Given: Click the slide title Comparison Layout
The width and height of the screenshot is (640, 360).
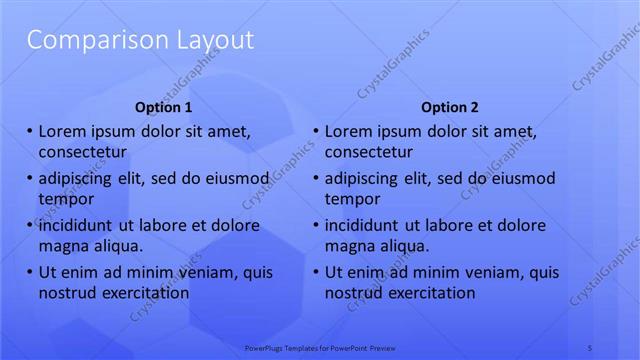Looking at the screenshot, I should [x=140, y=41].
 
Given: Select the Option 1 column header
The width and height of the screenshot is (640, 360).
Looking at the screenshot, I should [x=163, y=107].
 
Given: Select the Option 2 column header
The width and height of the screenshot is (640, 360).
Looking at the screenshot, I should [x=450, y=107].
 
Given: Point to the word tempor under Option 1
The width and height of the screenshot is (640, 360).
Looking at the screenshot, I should [x=65, y=199].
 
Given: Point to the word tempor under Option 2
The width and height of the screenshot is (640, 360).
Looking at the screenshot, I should [x=351, y=199].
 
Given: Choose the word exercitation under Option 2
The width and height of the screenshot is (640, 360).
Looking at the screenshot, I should [x=429, y=293].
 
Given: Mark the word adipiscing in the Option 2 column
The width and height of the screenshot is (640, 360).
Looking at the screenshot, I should [x=363, y=178].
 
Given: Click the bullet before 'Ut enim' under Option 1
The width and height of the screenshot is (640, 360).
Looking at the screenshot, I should [x=30, y=272].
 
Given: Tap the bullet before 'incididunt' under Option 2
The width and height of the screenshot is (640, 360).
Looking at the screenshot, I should [x=316, y=225].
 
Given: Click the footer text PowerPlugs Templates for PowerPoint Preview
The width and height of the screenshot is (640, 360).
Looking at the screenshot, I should [x=320, y=347].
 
